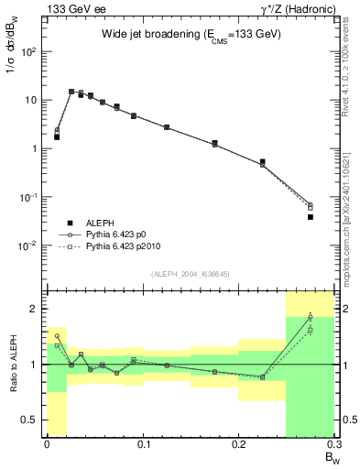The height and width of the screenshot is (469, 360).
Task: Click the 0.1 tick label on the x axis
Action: (143, 444)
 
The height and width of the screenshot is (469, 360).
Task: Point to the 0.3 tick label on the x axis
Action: (333, 444)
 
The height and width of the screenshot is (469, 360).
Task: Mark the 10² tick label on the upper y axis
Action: (32, 51)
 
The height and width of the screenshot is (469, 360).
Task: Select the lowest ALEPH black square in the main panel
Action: (311, 217)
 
